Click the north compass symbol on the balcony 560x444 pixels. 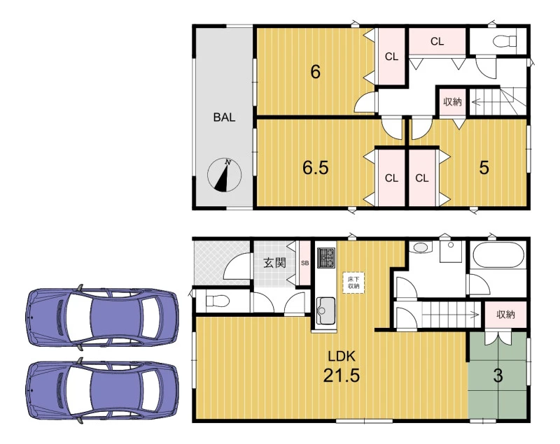point(224,175)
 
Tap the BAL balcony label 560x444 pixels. point(224,117)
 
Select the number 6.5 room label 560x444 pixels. point(316,168)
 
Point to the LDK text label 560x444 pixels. point(342,356)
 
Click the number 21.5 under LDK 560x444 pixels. point(342,375)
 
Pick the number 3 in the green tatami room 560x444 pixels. point(498,375)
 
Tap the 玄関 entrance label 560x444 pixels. point(274,263)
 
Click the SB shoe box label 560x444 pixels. point(304,263)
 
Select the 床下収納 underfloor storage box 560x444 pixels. point(353,283)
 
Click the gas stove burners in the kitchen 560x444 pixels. point(326,257)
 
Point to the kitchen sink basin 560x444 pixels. point(325,310)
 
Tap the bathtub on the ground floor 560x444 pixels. point(498,255)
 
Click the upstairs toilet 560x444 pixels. point(505,41)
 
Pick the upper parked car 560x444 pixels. point(102,317)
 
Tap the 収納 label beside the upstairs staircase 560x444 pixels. point(452,102)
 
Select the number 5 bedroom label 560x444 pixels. point(484,168)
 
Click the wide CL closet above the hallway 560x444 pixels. point(437,42)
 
